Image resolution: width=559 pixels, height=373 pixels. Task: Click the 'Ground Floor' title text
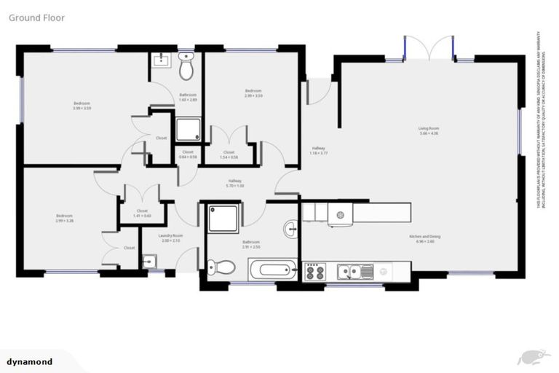coord(36,17)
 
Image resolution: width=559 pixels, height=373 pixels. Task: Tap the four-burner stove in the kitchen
coord(314,272)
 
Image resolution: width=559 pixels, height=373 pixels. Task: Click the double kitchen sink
coord(355,272)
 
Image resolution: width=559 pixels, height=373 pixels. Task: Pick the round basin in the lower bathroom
coord(290,229)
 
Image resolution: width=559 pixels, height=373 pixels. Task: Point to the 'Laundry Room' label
coord(171,238)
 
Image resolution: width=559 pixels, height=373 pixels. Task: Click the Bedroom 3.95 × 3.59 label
coord(82,106)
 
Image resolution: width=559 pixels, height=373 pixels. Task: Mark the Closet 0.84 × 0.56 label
coord(188,154)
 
